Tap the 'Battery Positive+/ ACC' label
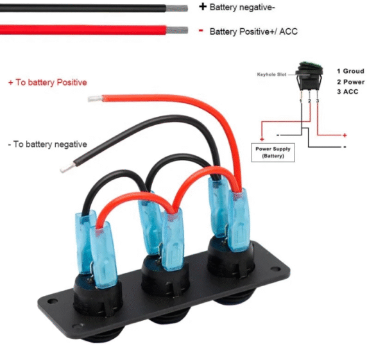click(x=253, y=31)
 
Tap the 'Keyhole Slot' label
click(x=271, y=74)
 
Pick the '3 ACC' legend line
click(x=348, y=92)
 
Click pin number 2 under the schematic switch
click(x=309, y=101)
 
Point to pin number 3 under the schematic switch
click(x=317, y=101)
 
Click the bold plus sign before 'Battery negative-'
click(x=203, y=7)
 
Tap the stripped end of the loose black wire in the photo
click(x=65, y=168)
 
